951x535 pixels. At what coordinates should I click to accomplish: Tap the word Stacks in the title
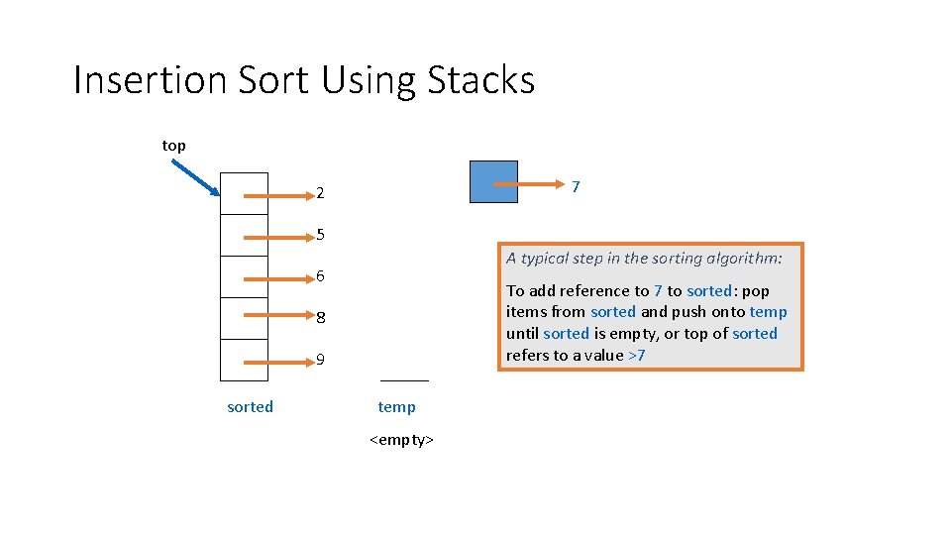click(481, 80)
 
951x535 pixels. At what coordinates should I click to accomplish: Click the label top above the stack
click(173, 146)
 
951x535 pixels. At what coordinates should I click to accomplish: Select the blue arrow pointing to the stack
click(194, 178)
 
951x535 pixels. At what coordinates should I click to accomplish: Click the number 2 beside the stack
click(320, 192)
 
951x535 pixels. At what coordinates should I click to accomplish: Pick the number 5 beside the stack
click(321, 235)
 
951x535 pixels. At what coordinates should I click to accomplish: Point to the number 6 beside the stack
click(321, 276)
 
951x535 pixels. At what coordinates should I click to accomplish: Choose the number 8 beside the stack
click(321, 318)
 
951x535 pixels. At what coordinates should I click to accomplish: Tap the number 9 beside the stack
click(321, 360)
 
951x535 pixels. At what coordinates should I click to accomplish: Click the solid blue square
click(493, 181)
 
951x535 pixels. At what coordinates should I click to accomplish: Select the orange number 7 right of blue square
click(576, 185)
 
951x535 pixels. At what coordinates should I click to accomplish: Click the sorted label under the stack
click(250, 406)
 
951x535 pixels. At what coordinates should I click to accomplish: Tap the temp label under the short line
click(396, 406)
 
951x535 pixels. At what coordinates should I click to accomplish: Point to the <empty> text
click(401, 439)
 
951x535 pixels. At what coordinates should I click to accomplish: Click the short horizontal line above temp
click(404, 380)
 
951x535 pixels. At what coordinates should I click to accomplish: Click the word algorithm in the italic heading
click(744, 259)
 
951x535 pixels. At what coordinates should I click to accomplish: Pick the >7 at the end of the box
click(637, 355)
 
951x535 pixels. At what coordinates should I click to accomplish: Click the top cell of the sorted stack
click(244, 193)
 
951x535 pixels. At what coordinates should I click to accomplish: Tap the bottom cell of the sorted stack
click(244, 360)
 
